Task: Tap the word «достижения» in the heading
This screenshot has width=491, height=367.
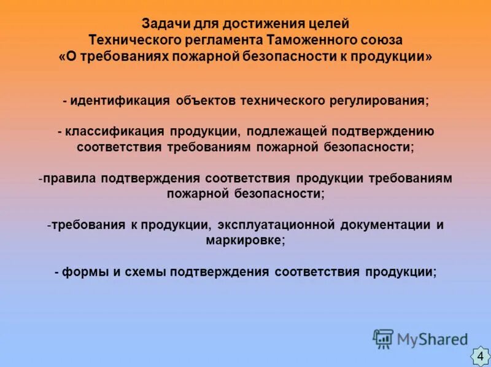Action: pos(245,25)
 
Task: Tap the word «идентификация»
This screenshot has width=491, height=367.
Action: pos(120,101)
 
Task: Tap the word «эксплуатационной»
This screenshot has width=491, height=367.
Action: pos(276,225)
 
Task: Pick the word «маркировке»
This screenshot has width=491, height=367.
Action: pos(244,241)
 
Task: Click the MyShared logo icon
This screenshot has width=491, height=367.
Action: pos(383,338)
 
